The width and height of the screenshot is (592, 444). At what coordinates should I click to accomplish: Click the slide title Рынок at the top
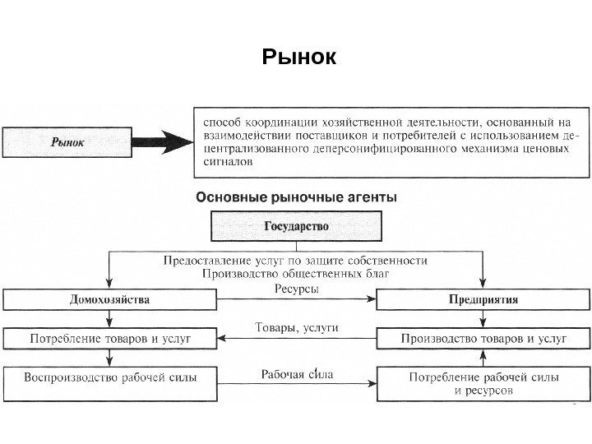pos(299,58)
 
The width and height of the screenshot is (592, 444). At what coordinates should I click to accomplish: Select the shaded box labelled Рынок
pos(67,141)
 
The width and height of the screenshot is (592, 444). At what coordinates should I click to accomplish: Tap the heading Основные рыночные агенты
pos(295,197)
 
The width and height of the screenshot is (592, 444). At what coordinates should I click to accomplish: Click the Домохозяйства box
pos(109,299)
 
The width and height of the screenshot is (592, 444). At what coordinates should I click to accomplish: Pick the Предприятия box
pos(483,299)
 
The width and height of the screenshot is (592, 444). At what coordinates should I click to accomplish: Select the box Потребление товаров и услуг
pos(109,338)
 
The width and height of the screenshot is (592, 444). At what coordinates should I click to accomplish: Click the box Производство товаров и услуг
pos(483,338)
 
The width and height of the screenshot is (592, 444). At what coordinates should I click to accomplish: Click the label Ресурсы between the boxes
pos(296,289)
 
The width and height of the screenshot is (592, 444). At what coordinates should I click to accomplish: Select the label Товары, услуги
pos(297,327)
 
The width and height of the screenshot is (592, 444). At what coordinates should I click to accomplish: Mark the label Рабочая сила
pos(297,374)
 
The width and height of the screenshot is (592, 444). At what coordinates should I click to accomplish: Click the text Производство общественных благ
pos(296,273)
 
